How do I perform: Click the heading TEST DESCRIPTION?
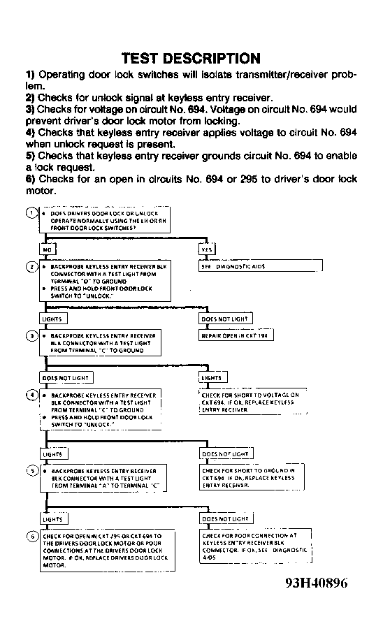pos(191,58)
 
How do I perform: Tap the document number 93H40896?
pos(315,583)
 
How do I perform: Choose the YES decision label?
pos(207,249)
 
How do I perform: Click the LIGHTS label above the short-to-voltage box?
pos(212,378)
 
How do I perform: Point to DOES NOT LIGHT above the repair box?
pos(225,319)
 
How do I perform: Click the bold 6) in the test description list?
pos(30,180)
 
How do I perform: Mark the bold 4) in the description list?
pos(30,132)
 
